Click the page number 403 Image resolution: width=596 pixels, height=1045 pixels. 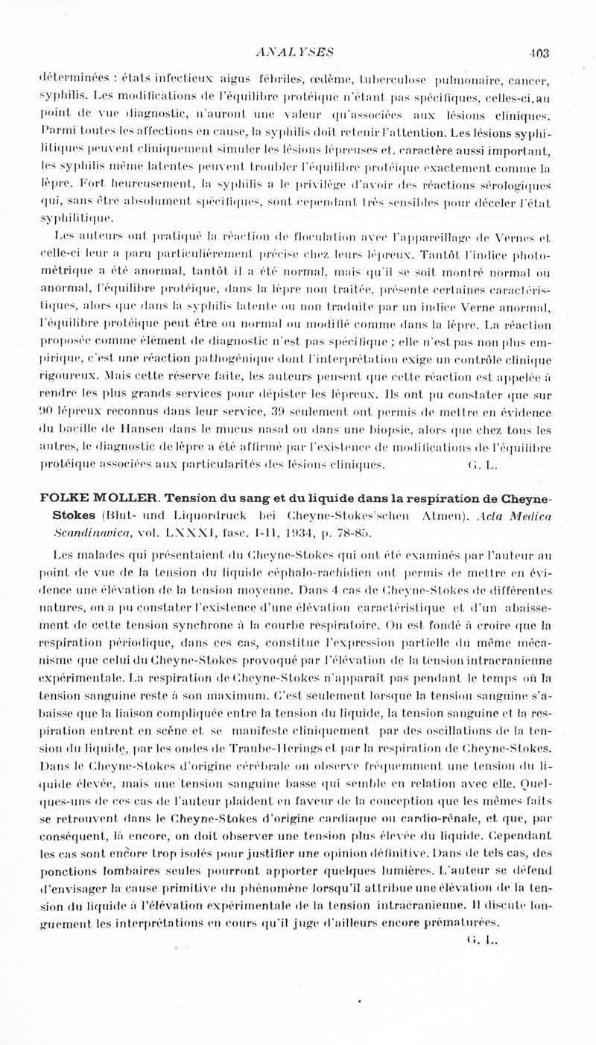point(539,52)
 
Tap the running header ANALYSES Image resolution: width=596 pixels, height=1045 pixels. point(294,51)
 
